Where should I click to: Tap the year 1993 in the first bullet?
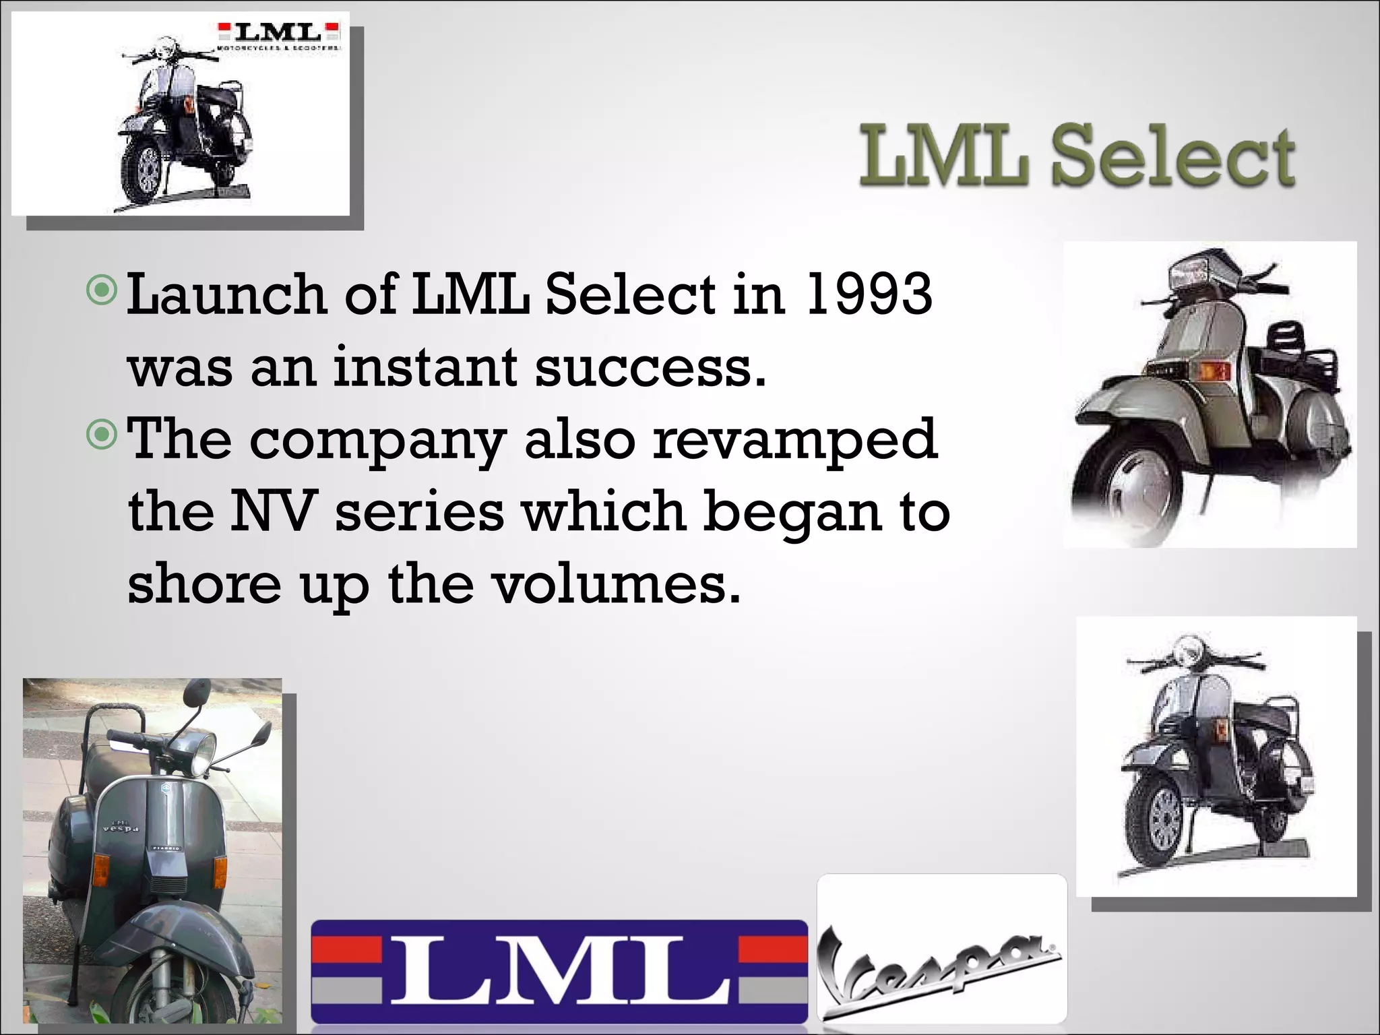[869, 294]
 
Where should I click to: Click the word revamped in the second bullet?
[795, 439]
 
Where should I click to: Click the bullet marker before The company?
[102, 437]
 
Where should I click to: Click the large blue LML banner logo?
[559, 970]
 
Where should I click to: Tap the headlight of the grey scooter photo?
[200, 755]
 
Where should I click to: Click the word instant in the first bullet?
[425, 367]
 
